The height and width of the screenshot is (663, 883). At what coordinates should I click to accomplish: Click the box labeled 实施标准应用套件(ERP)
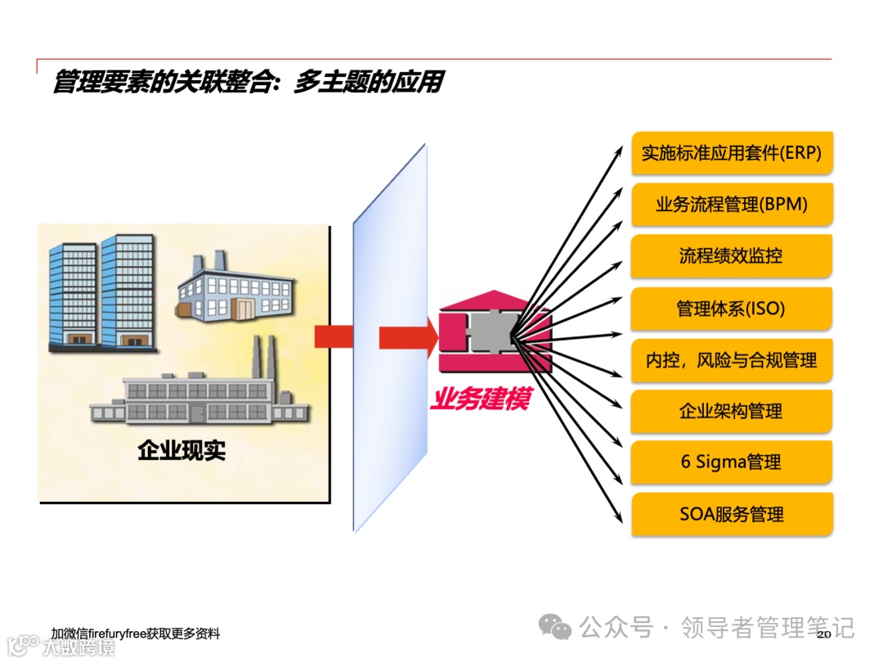click(x=732, y=153)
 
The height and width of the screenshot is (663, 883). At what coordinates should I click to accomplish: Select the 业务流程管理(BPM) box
click(x=732, y=205)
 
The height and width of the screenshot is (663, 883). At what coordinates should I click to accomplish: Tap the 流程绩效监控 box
click(x=732, y=256)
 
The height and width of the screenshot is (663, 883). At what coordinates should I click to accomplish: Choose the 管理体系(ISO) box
click(x=732, y=309)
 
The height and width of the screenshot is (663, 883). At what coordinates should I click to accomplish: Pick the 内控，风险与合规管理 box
click(x=732, y=360)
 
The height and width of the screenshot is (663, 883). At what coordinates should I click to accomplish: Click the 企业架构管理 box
click(x=732, y=411)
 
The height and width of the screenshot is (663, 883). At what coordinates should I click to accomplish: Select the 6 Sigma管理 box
click(x=732, y=462)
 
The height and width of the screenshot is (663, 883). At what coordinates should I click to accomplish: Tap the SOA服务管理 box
click(x=732, y=514)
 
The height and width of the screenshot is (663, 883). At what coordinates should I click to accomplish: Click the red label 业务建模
click(x=481, y=400)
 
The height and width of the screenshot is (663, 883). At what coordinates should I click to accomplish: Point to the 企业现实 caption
click(x=182, y=450)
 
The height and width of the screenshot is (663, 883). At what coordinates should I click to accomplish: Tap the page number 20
click(x=823, y=634)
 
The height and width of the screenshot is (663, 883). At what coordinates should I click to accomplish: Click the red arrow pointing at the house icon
click(x=407, y=337)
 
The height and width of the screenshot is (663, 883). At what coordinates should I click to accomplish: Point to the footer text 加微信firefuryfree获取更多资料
click(x=135, y=634)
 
